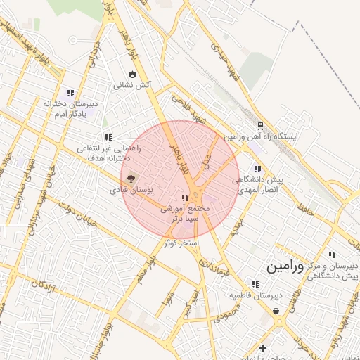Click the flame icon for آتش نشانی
132,74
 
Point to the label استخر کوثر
181,243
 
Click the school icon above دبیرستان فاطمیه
255,284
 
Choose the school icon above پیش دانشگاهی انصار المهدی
257,169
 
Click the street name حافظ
304,209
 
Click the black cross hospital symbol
262,348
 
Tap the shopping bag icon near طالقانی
276,310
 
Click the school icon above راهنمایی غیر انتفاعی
108,137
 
